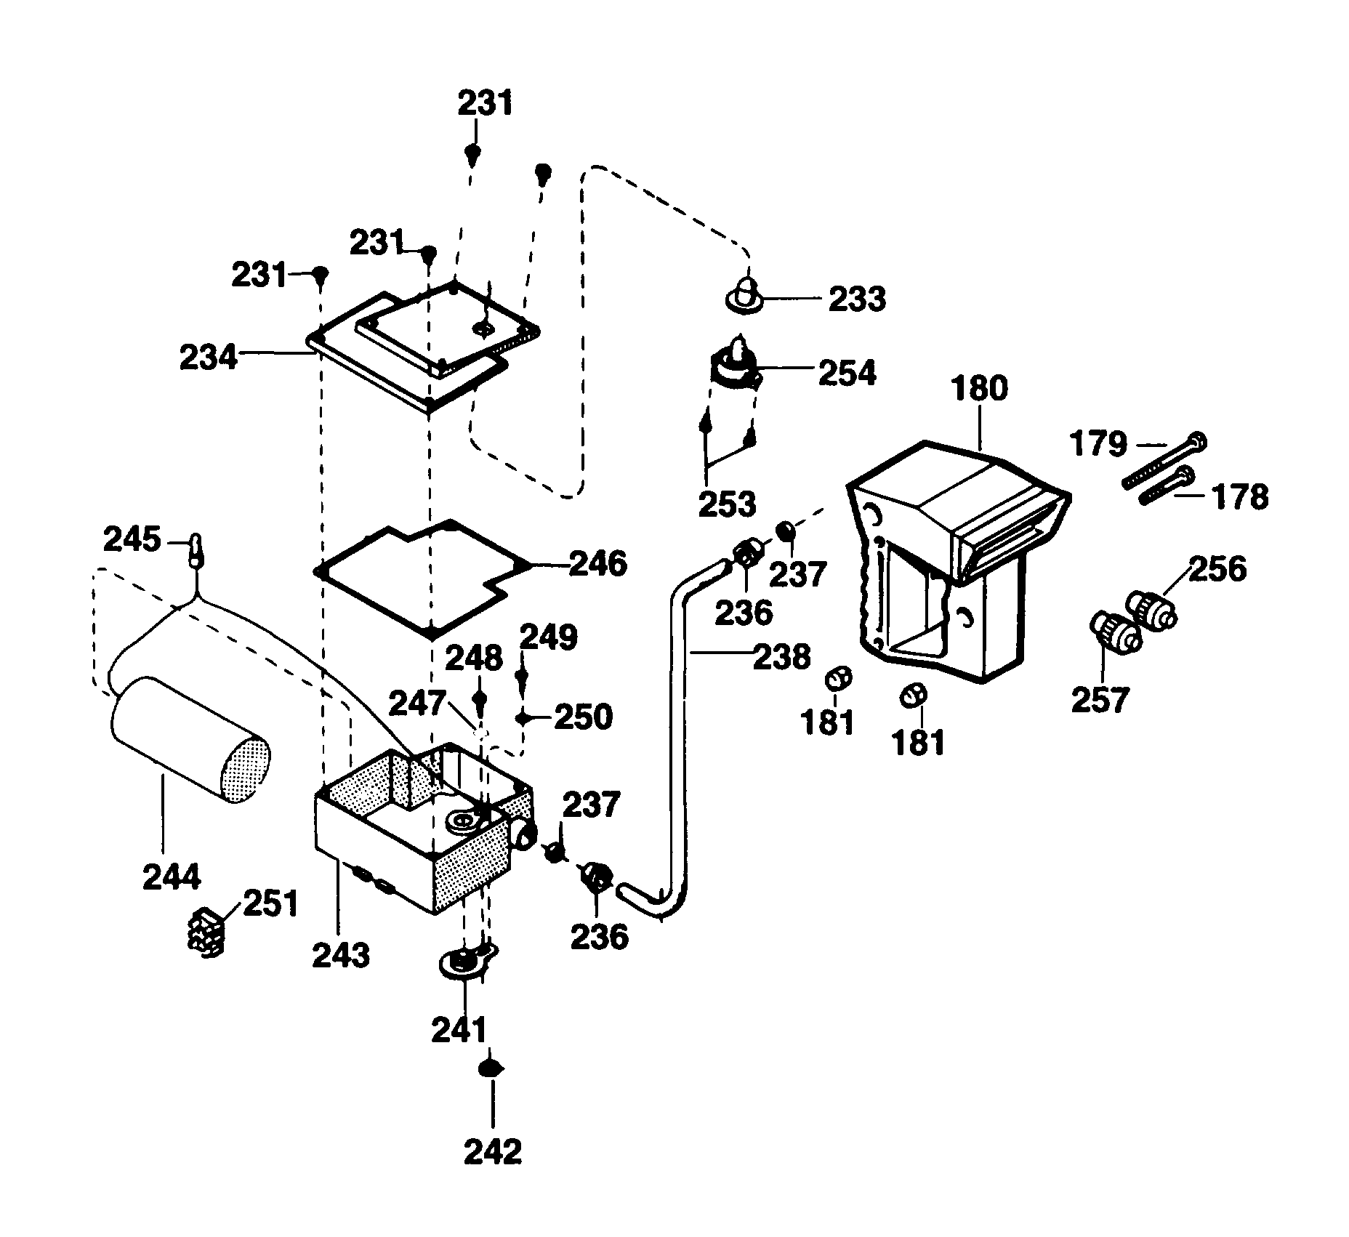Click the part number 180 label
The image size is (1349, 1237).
(x=979, y=389)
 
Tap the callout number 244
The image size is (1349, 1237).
(x=172, y=877)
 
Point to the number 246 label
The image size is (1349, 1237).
(x=597, y=564)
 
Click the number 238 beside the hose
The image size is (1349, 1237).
(x=781, y=657)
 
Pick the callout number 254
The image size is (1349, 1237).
(x=847, y=373)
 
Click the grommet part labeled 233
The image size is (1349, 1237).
(x=744, y=294)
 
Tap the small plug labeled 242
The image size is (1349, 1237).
(x=491, y=1068)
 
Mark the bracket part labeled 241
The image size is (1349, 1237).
(x=464, y=963)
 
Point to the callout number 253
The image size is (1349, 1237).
(x=727, y=504)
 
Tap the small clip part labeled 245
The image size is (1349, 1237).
(x=196, y=551)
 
